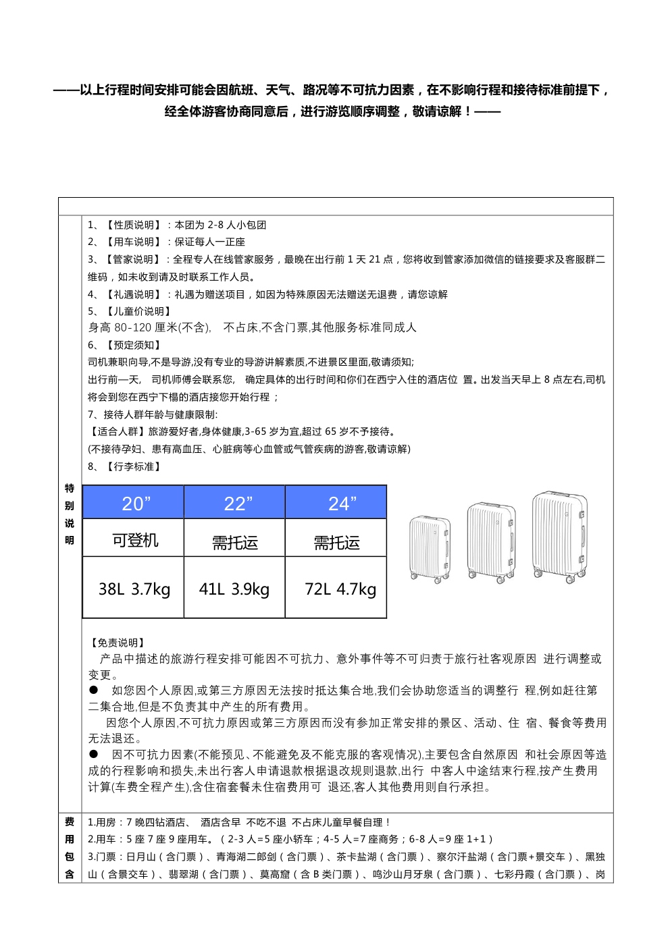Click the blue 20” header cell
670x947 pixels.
click(133, 502)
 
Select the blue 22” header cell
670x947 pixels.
click(234, 502)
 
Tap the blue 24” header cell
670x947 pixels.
click(336, 502)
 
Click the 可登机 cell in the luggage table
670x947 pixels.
click(133, 539)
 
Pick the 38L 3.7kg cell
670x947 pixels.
click(133, 589)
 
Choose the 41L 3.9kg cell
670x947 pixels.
click(234, 589)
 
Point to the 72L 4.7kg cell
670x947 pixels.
click(336, 589)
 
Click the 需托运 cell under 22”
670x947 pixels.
click(234, 540)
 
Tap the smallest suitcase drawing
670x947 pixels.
click(430, 549)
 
